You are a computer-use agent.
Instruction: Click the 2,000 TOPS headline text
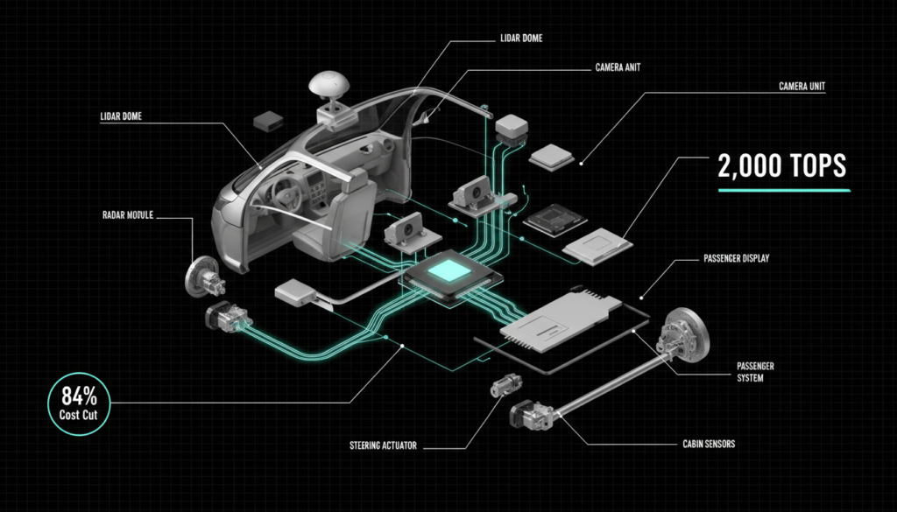point(782,165)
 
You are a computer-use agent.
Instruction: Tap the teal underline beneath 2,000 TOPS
point(784,189)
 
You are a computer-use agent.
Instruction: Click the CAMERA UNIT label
point(802,87)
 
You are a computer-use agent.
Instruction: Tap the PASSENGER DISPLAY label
point(739,258)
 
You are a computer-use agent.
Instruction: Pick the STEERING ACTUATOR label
point(383,445)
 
